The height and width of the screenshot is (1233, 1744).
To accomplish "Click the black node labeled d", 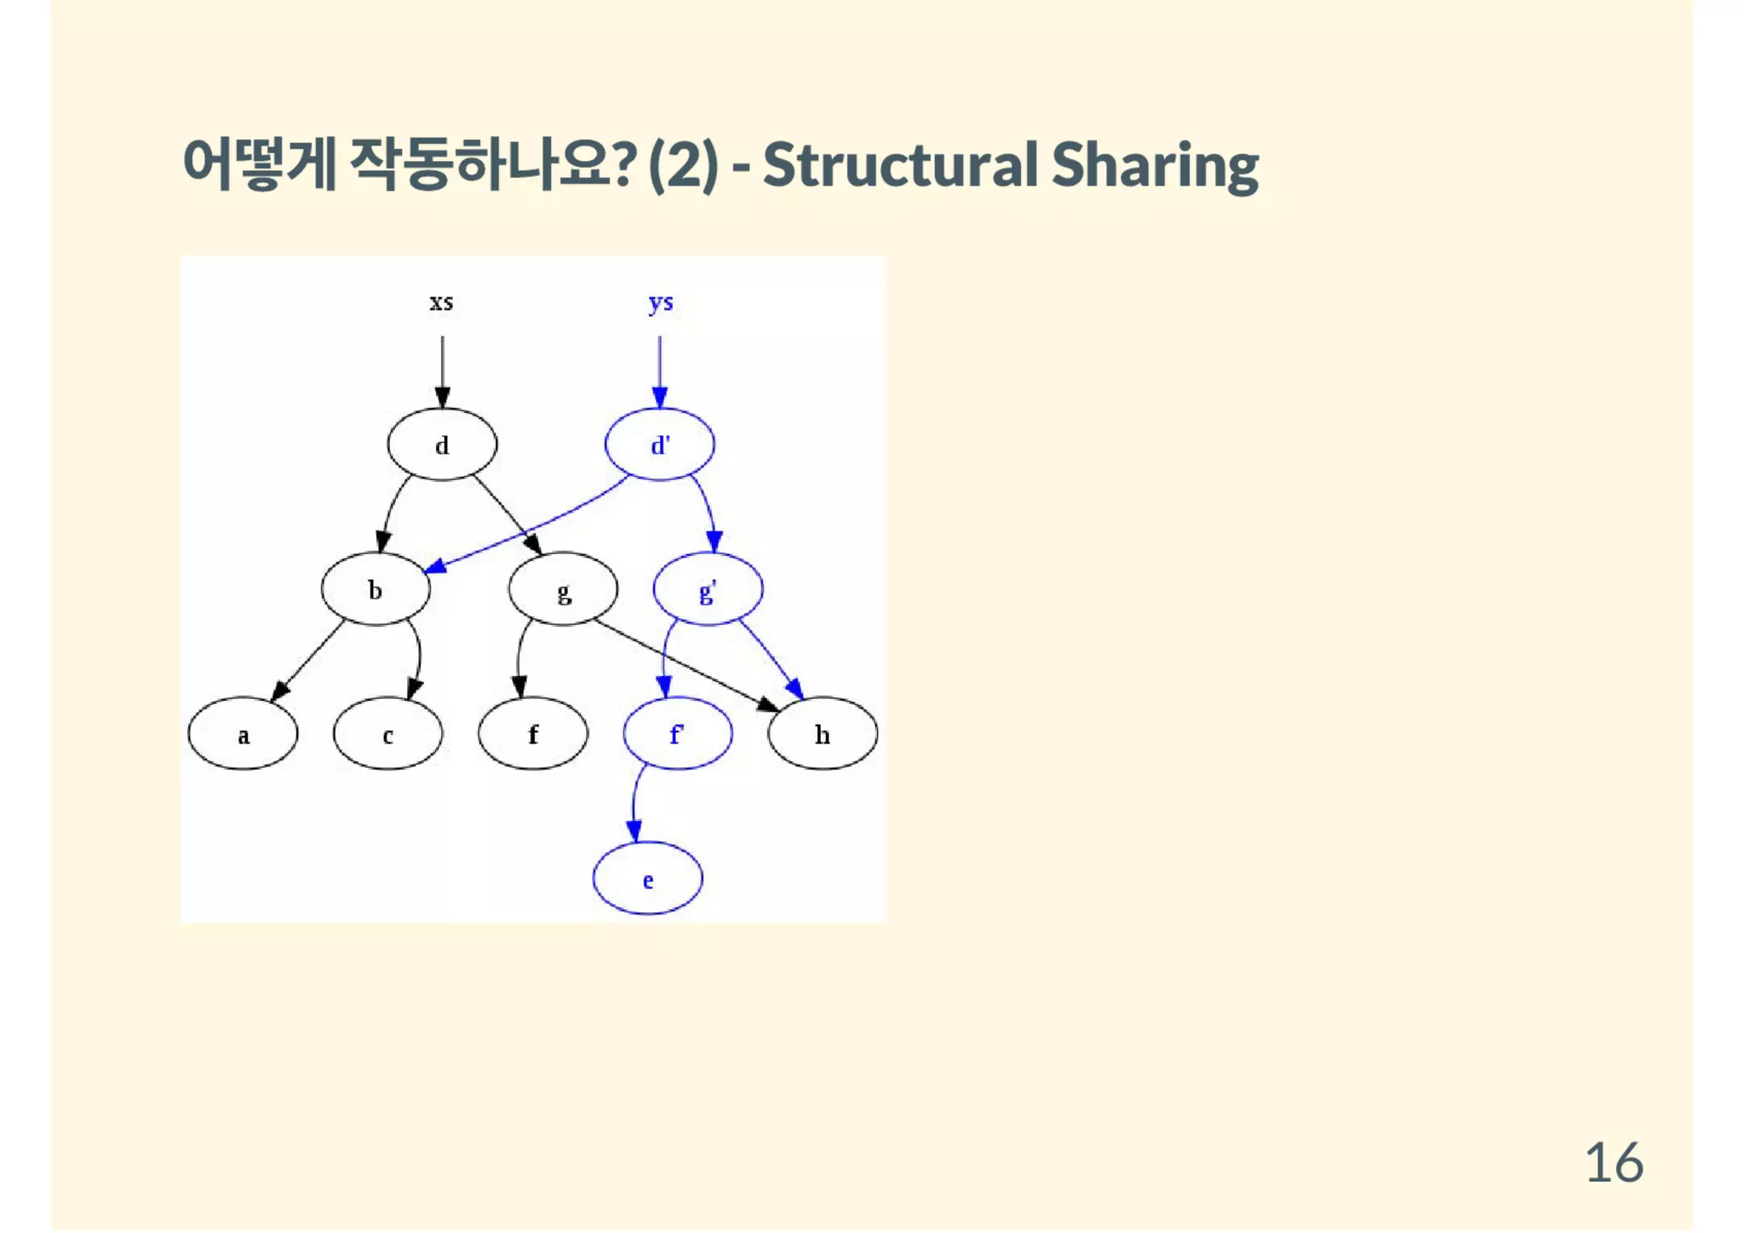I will coord(442,444).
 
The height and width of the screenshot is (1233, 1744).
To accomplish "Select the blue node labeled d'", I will coord(660,444).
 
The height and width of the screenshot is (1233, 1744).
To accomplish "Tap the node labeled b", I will coord(376,589).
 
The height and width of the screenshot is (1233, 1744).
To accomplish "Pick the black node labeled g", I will coord(563,589).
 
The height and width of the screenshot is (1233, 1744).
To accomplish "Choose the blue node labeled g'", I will coord(708,589).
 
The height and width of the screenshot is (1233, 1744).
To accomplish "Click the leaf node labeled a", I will coord(243,734).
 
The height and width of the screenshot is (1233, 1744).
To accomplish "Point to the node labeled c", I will coord(387,734).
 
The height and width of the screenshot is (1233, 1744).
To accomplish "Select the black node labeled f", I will coord(533,734).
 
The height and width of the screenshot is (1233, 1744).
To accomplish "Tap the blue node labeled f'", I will coord(678,734).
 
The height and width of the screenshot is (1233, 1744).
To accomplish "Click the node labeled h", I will coord(823,734).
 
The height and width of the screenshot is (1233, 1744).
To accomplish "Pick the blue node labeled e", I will coord(648,879).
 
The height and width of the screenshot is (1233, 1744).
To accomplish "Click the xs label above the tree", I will coord(441,302).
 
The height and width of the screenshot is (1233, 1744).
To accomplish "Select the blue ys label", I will coord(661,302).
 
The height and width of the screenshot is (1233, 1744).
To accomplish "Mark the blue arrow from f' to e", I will coord(634,805).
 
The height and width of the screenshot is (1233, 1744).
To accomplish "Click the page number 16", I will coord(1614,1162).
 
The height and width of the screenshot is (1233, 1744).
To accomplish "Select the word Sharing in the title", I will coord(1155,165).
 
